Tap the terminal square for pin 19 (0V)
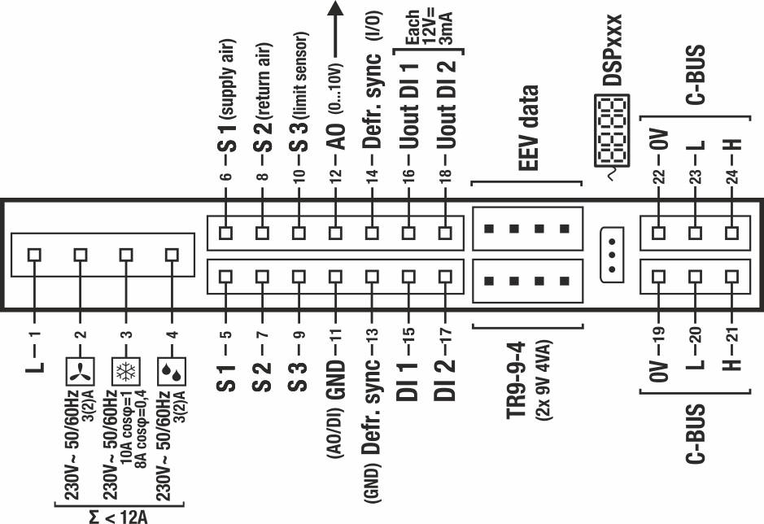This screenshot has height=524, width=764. (x=659, y=275)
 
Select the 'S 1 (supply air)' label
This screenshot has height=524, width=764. (x=227, y=97)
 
